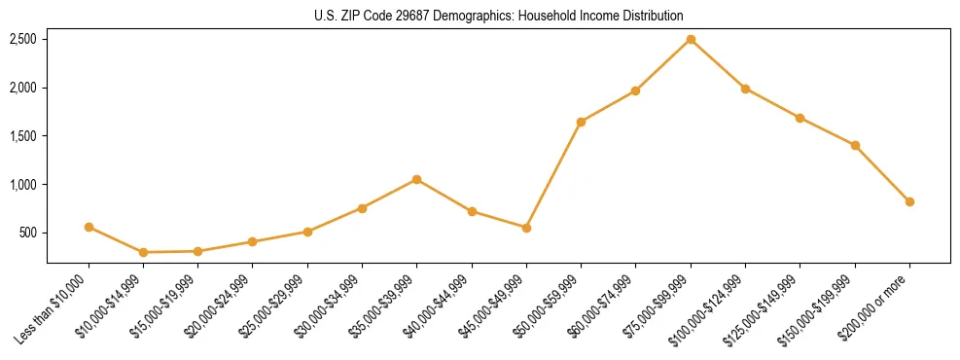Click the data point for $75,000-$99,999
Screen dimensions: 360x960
pos(691,39)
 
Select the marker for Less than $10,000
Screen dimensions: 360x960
pos(89,227)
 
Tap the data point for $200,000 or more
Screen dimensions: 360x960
pos(909,201)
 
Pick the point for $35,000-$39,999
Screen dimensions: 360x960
pos(416,179)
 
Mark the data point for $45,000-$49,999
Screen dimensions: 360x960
pos(526,228)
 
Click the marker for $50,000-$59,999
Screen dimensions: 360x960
pos(581,122)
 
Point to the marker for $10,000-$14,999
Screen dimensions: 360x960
pos(143,252)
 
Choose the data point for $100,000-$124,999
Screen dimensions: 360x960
pos(745,89)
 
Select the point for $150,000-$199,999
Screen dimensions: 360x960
pos(855,145)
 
